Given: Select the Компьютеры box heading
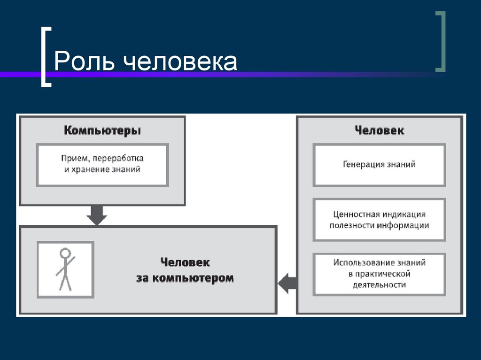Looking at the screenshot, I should (x=102, y=130).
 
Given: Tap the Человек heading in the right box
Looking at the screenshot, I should (x=379, y=130).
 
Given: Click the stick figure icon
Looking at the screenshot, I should (x=65, y=269).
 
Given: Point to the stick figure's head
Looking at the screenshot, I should (x=65, y=253).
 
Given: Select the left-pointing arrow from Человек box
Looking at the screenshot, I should (x=287, y=283).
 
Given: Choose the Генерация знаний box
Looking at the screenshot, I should (x=379, y=165).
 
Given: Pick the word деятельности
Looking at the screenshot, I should (x=379, y=285).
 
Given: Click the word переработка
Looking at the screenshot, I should (x=120, y=158).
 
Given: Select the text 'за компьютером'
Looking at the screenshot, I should (x=185, y=278).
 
